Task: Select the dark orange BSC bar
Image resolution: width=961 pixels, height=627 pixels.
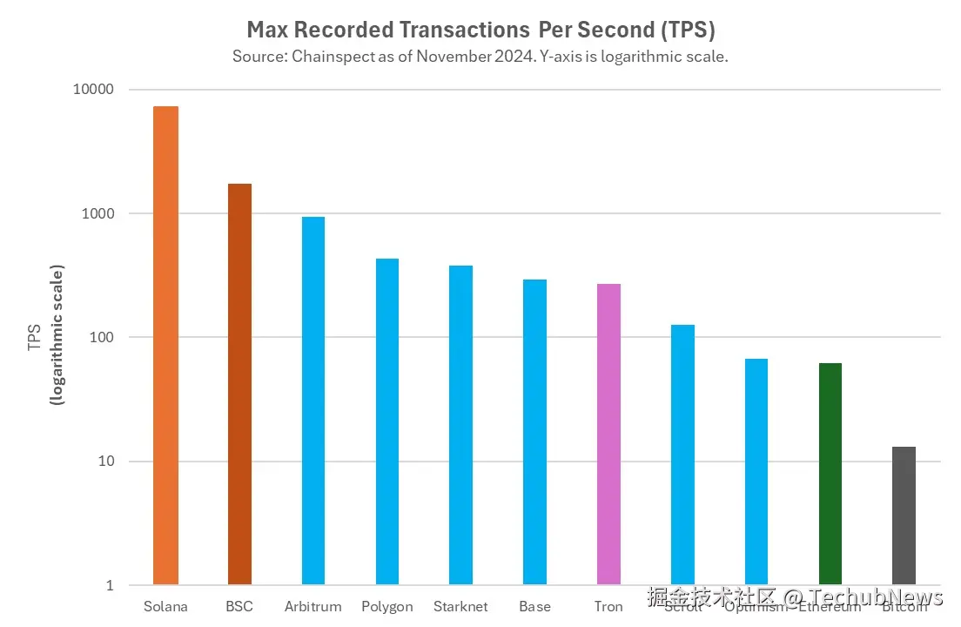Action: click(x=239, y=383)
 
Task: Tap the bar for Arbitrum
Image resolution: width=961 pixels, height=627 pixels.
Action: click(x=313, y=400)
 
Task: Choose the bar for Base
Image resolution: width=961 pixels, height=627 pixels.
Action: click(x=534, y=431)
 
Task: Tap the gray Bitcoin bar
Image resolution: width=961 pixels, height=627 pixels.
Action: click(x=904, y=515)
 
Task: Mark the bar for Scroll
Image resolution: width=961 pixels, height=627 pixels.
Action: click(x=682, y=454)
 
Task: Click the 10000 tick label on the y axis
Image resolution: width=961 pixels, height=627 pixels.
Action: click(x=97, y=91)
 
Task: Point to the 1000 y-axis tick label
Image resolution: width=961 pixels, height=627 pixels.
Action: click(x=100, y=214)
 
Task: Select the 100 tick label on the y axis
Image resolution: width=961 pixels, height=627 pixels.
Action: click(x=104, y=338)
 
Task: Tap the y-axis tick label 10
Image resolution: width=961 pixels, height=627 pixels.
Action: click(x=106, y=462)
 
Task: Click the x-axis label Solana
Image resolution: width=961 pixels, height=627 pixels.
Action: click(x=165, y=606)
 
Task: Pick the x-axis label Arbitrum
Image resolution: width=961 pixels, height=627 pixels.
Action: click(x=313, y=606)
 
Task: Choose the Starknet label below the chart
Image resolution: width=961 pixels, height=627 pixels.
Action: click(x=460, y=606)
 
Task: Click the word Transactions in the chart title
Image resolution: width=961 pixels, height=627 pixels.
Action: click(x=462, y=30)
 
